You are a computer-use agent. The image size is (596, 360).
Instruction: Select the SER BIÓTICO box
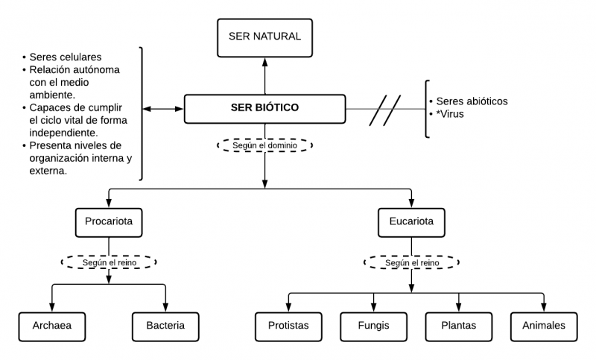click(x=264, y=108)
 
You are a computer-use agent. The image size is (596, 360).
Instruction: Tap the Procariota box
click(x=109, y=221)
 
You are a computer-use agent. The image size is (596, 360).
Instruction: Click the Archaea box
click(x=51, y=325)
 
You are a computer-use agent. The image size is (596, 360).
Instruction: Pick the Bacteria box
click(x=166, y=325)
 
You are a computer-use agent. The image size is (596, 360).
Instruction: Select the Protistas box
click(x=288, y=325)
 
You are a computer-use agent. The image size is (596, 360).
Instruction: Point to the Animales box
click(x=543, y=325)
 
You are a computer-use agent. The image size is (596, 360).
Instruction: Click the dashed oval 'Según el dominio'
click(x=264, y=145)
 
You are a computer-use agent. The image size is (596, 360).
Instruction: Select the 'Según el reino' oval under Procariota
click(x=109, y=262)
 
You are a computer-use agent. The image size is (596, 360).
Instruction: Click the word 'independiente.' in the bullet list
click(x=66, y=132)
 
